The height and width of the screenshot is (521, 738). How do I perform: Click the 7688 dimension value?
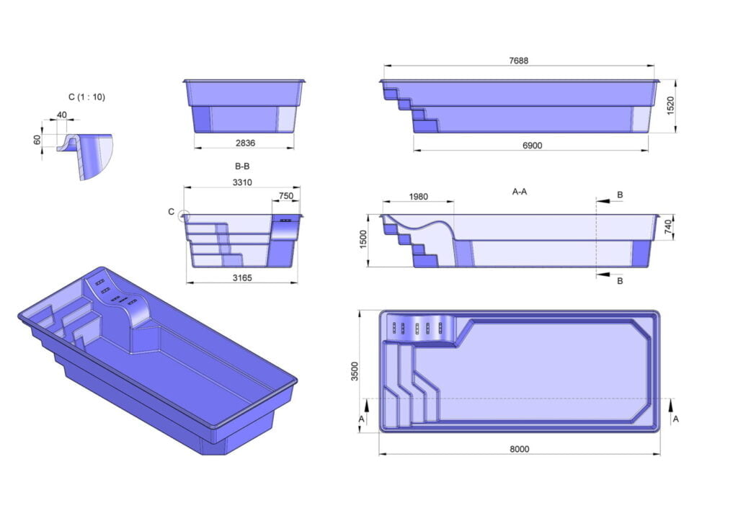(x=518, y=61)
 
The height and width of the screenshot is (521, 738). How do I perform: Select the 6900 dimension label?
(x=532, y=146)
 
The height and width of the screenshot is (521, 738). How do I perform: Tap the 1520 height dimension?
(x=670, y=106)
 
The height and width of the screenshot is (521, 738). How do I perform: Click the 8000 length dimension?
(x=519, y=449)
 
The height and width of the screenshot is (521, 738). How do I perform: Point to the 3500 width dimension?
(x=355, y=371)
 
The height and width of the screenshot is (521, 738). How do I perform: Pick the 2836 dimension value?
(x=245, y=143)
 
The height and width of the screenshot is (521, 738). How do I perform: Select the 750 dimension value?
(x=286, y=195)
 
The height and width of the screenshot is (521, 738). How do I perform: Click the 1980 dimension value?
(x=418, y=197)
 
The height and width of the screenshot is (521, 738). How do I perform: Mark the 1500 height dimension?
(x=365, y=240)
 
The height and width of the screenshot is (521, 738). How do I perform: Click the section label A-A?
(x=520, y=192)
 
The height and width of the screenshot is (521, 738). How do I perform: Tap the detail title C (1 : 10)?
(x=86, y=97)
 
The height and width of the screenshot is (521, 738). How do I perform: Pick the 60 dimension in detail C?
(x=37, y=140)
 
